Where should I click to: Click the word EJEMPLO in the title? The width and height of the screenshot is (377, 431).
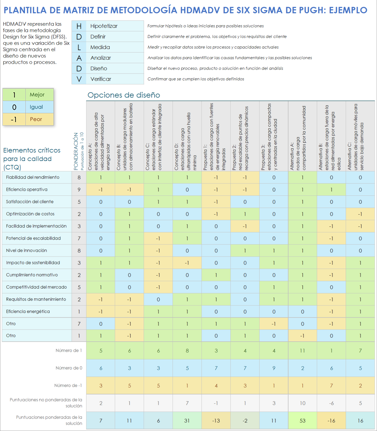(348, 10)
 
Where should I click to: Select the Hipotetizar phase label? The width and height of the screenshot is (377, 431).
(104, 26)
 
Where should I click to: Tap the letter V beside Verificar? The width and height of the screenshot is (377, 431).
(79, 79)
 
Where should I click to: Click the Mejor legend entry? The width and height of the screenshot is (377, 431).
(37, 95)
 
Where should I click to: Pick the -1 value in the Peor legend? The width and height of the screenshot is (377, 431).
(14, 119)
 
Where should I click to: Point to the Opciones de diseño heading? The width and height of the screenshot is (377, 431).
(124, 95)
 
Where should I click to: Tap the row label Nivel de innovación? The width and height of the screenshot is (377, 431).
(26, 251)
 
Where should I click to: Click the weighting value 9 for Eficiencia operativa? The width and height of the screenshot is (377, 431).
(79, 190)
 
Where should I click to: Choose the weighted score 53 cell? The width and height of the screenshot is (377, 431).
(302, 421)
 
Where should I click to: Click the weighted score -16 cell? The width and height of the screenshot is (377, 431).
(331, 421)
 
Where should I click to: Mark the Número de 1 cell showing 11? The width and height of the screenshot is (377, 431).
(302, 351)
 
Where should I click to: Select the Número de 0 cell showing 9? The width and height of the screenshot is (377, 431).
(274, 368)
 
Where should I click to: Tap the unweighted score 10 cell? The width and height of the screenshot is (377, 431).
(302, 403)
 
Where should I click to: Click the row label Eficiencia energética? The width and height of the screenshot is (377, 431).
(28, 312)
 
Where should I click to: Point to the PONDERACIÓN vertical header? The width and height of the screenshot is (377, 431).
(76, 151)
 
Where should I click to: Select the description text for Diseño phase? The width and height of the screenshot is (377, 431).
(215, 68)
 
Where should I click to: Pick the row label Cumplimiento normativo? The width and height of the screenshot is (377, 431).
(32, 275)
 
